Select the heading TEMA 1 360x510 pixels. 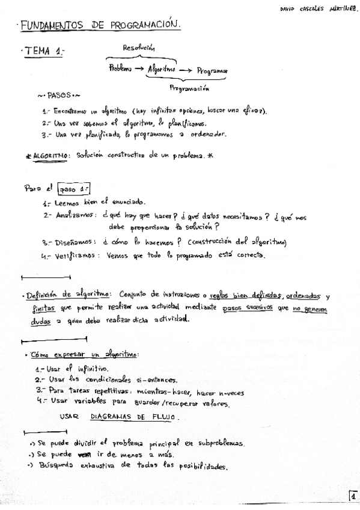point(43,53)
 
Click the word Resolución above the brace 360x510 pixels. point(139,48)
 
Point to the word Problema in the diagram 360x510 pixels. point(120,69)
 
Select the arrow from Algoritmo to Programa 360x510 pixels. point(185,70)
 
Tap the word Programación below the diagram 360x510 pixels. point(189,88)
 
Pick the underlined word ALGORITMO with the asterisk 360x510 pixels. point(50,155)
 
